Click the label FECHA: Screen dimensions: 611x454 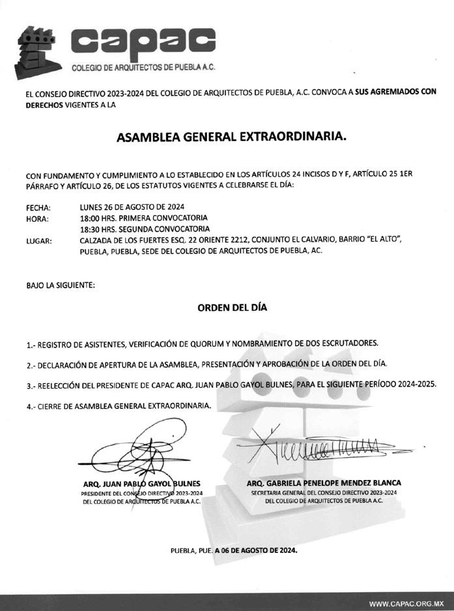click(38, 207)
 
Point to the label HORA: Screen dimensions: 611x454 click(37, 218)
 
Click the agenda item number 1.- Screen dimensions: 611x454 click(31, 343)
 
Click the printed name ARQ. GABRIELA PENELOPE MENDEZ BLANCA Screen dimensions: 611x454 click(324, 483)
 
